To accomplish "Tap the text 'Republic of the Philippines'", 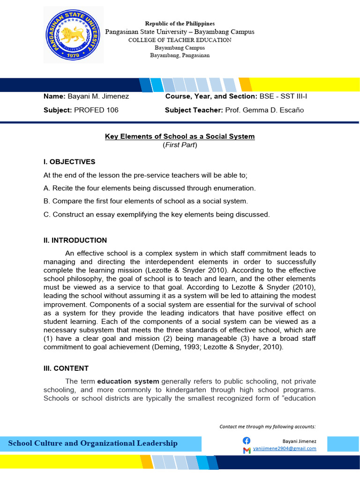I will pos(180,23).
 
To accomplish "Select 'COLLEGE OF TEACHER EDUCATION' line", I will pos(180,40).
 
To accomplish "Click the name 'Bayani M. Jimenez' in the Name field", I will pos(98,96).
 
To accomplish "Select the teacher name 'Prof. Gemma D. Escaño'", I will pos(264,110).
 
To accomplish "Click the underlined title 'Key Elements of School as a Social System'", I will pos(180,136).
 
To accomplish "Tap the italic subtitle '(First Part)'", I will pos(180,145).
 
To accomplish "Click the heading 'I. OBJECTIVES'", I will pos(69,162).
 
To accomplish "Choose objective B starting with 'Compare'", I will pos(145,201).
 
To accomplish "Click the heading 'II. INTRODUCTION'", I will pos(75,240).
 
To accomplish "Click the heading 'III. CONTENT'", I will pos(66,368).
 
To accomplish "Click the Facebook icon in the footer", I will pos(247,441).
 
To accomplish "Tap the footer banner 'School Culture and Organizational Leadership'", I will pos(93,443).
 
